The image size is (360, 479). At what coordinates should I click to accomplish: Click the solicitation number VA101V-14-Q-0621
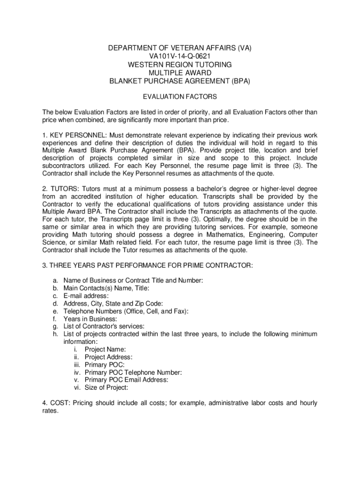[180, 56]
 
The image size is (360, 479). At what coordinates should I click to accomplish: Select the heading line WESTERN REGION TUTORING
[180, 65]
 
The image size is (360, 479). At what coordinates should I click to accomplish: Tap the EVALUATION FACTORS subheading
[180, 97]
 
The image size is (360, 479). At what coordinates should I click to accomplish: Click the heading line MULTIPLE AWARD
[180, 73]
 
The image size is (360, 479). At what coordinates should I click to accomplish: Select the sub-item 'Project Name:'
[105, 349]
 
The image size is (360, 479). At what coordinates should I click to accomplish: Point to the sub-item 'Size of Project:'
[106, 387]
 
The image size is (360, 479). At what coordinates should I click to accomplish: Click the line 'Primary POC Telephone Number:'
[133, 372]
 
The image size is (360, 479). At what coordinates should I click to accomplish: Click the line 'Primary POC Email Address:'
[126, 380]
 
